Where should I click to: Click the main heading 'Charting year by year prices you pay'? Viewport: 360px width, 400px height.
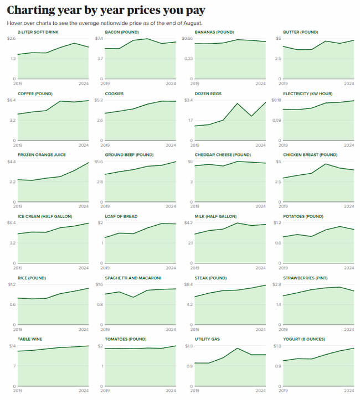pyautogui.click(x=106, y=10)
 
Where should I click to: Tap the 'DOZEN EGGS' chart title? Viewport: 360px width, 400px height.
pyautogui.click(x=208, y=93)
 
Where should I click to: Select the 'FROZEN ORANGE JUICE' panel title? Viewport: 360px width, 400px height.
pyautogui.click(x=38, y=155)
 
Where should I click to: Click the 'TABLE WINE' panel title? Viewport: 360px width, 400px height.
pyautogui.click(x=30, y=339)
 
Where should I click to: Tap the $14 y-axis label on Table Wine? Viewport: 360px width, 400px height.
pyautogui.click(x=11, y=346)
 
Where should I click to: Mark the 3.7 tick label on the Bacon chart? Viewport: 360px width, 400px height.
pyautogui.click(x=100, y=59)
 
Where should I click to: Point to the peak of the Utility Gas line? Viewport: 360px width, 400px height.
pyautogui.click(x=237, y=348)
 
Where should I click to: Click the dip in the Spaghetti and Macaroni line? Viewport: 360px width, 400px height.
pyautogui.click(x=133, y=297)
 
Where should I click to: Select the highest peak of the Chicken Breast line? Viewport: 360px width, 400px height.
pyautogui.click(x=326, y=164)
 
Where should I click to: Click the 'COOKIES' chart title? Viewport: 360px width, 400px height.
pyautogui.click(x=114, y=93)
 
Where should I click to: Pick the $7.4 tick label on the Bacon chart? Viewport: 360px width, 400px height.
pyautogui.click(x=100, y=38)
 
